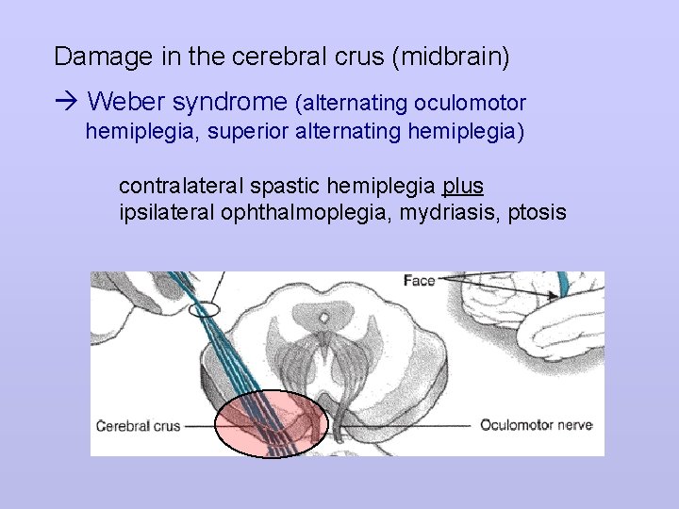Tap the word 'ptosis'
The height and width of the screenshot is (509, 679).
coord(536,212)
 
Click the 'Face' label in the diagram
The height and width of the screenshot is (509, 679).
coord(419,281)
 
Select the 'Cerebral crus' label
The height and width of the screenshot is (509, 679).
coord(138,426)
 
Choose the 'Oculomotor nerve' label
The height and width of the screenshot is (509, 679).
coord(536,425)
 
